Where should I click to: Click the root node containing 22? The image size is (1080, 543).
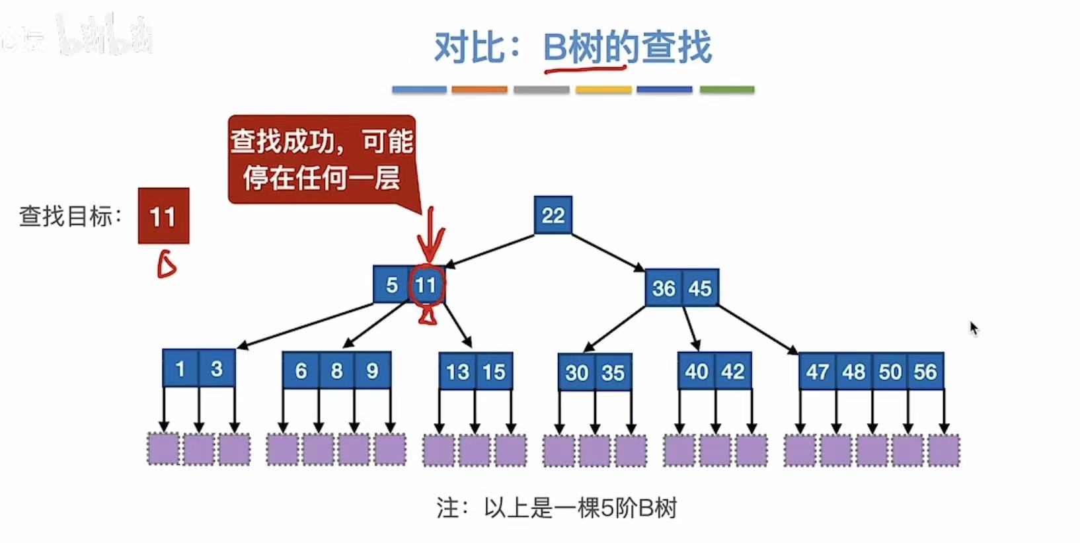click(x=553, y=215)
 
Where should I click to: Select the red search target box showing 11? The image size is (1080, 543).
click(x=163, y=216)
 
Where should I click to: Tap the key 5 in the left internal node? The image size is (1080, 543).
click(x=391, y=285)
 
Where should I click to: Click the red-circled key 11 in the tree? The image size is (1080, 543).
click(x=426, y=285)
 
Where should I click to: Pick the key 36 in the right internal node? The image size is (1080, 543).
click(x=664, y=288)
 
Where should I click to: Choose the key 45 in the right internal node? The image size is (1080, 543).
click(x=700, y=288)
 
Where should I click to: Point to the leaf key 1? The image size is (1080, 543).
click(x=180, y=368)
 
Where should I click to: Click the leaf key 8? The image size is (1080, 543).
click(x=336, y=370)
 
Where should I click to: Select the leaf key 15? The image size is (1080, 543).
click(x=494, y=372)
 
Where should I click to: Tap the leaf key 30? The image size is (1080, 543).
click(x=576, y=372)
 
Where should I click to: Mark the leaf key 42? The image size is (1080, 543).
click(x=733, y=371)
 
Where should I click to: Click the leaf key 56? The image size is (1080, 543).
click(x=925, y=372)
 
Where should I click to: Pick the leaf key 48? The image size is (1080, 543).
click(x=853, y=372)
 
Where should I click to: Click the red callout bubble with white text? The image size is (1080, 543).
click(x=322, y=159)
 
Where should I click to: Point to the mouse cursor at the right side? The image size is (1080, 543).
click(x=973, y=328)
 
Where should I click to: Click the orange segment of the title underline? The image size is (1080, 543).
click(x=479, y=89)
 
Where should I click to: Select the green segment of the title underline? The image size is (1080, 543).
click(x=726, y=89)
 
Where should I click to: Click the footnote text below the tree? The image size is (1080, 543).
click(x=557, y=508)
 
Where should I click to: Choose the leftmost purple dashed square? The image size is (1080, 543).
click(x=163, y=449)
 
